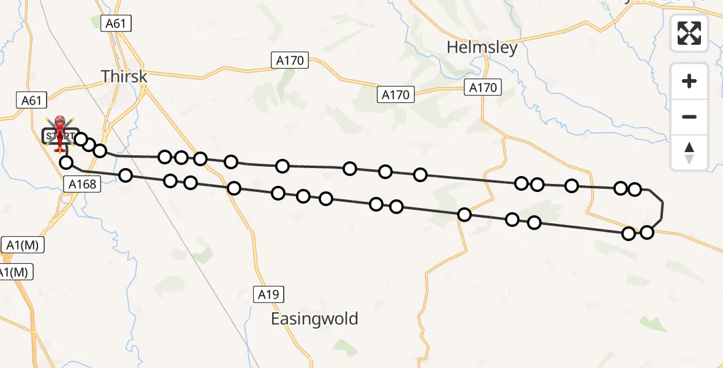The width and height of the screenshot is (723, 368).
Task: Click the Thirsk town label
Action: pyautogui.click(x=124, y=76)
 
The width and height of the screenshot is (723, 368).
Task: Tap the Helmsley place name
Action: pyautogui.click(x=482, y=47)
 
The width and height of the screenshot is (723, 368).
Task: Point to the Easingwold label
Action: pyautogui.click(x=314, y=319)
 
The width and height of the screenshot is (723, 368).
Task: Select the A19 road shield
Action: pyautogui.click(x=268, y=294)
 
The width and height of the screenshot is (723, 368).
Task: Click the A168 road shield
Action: pyautogui.click(x=81, y=184)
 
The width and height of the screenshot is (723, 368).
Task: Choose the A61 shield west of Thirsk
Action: pyautogui.click(x=31, y=101)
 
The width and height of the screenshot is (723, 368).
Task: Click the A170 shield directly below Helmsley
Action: pyautogui.click(x=483, y=88)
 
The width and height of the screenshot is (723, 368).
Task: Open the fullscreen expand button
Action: pyautogui.click(x=689, y=33)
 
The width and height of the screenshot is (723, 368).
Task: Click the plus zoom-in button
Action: pyautogui.click(x=689, y=81)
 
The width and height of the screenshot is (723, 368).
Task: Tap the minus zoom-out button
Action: pyautogui.click(x=689, y=117)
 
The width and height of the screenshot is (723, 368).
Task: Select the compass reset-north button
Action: pyautogui.click(x=689, y=153)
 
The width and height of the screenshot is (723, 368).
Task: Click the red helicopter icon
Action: pyautogui.click(x=60, y=132)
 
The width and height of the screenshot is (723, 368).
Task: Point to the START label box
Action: pyautogui.click(x=60, y=136)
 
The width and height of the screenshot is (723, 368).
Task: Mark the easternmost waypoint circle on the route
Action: pyautogui.click(x=647, y=232)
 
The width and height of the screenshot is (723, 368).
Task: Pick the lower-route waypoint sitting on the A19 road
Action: pyautogui.click(x=233, y=188)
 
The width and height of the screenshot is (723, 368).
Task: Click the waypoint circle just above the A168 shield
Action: pyautogui.click(x=66, y=163)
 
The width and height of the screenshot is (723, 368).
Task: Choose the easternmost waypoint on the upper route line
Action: pyautogui.click(x=635, y=189)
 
